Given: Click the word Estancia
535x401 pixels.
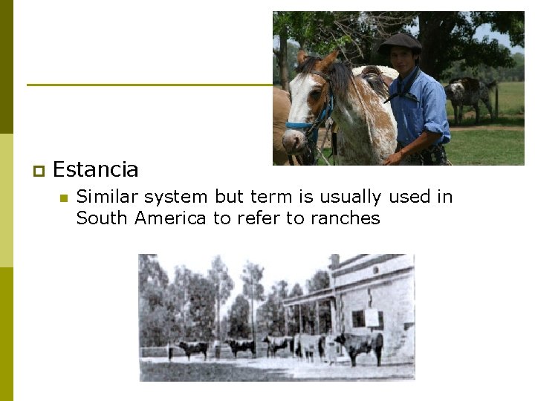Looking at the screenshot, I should click(95, 170).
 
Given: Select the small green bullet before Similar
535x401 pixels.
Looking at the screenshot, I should click(63, 198).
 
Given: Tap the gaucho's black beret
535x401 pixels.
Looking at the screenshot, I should click(401, 42).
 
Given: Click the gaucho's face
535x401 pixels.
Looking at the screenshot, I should click(403, 60).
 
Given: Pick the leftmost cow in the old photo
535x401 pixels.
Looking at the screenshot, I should click(191, 348).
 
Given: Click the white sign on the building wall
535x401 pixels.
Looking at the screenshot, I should click(371, 317).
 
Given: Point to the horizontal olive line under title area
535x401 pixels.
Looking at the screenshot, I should click(149, 85).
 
